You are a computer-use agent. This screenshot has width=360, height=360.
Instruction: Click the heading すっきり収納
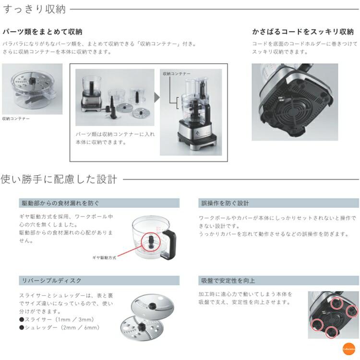pos(34,9)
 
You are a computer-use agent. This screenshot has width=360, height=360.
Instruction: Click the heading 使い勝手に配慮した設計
pos(59,180)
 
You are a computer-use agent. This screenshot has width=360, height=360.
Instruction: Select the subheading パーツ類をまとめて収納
pos(42,32)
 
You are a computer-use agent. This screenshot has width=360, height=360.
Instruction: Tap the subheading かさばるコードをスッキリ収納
pos(303,32)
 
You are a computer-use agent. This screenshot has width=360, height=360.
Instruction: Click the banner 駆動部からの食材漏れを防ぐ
pos(60,203)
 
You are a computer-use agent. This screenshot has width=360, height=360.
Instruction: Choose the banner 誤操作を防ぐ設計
pos(224,203)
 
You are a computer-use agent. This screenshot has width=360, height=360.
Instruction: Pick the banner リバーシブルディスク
pos(50,280)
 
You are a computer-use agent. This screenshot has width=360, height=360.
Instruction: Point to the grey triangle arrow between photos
pos(156,97)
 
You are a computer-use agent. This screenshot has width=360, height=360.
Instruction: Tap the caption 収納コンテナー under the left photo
pos(16,118)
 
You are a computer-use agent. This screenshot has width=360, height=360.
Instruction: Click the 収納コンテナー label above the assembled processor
pos(176,73)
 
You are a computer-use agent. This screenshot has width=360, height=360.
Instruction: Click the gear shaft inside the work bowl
pos(149,239)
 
